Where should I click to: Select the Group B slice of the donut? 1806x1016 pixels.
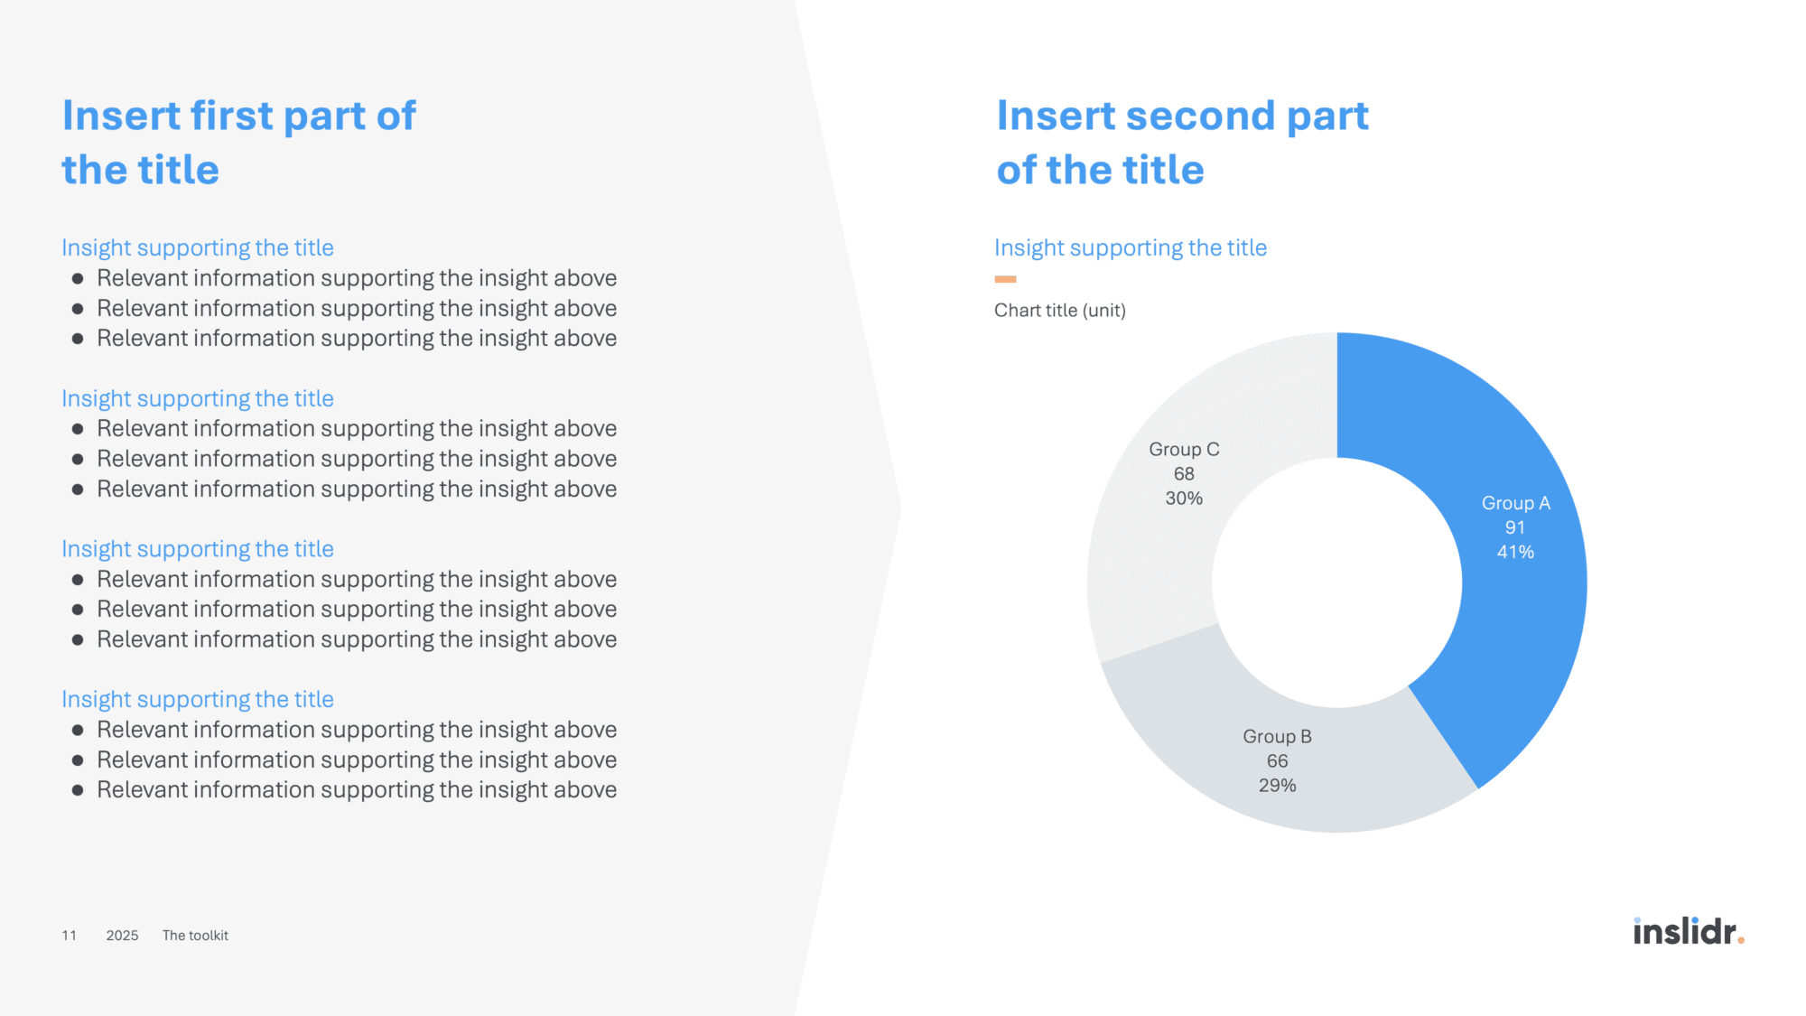pyautogui.click(x=1282, y=768)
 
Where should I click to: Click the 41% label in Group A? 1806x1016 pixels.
pyautogui.click(x=1515, y=552)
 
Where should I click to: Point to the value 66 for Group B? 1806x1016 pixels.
pyautogui.click(x=1277, y=761)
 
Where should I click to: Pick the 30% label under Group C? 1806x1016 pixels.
pyautogui.click(x=1184, y=499)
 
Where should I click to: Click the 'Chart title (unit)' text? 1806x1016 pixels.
pyautogui.click(x=1060, y=311)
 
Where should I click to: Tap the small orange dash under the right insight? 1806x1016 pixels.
pyautogui.click(x=1005, y=279)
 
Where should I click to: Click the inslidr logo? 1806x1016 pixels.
pyautogui.click(x=1689, y=931)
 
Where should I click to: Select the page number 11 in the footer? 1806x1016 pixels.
pyautogui.click(x=69, y=936)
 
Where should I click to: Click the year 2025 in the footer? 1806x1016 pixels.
pyautogui.click(x=122, y=936)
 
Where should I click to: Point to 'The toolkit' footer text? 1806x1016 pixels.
pyautogui.click(x=195, y=936)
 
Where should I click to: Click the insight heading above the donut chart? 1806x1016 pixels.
pyautogui.click(x=1131, y=248)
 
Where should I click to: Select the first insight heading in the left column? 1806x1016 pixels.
pyautogui.click(x=198, y=248)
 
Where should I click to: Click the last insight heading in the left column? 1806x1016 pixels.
pyautogui.click(x=198, y=700)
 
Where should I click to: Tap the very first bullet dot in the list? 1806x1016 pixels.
pyautogui.click(x=78, y=279)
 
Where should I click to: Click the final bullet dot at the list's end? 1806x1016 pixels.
pyautogui.click(x=78, y=790)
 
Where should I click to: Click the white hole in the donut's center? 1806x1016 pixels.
pyautogui.click(x=1337, y=583)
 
